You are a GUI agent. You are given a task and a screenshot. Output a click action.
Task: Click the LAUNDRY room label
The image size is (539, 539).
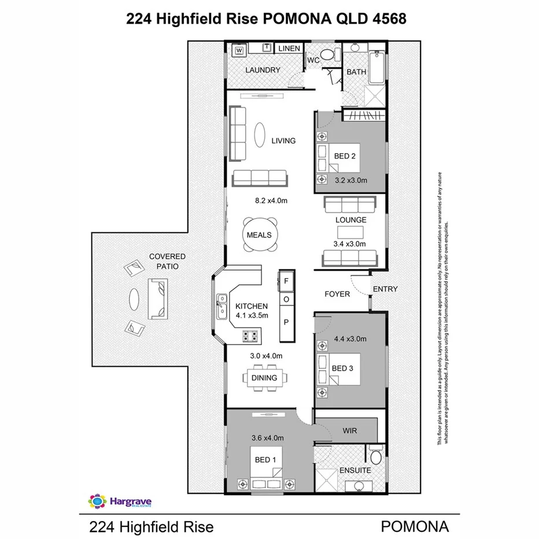pos(263,70)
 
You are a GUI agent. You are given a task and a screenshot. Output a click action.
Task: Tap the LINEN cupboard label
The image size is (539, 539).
pos(289,49)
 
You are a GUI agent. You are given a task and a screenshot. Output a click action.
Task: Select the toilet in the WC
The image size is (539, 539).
pos(327,56)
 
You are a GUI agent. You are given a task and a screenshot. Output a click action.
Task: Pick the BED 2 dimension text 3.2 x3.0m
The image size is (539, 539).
pos(351,180)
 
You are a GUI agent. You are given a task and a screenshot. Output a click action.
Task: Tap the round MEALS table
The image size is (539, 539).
pos(259,235)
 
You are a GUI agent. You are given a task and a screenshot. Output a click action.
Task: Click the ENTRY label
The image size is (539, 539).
pos(385,289)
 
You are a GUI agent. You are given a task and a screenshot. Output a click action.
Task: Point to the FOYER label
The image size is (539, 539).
pos(337,294)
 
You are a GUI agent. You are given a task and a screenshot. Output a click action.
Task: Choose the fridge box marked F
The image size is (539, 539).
pos(286,280)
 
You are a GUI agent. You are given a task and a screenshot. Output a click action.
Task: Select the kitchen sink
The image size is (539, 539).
pos(221,307)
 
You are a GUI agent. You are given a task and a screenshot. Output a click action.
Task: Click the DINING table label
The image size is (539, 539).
pos(263,378)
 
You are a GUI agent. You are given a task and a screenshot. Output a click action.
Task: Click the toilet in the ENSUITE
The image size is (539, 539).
pos(375,457)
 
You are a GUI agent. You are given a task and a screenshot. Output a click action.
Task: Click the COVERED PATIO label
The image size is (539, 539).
pos(167,261)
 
